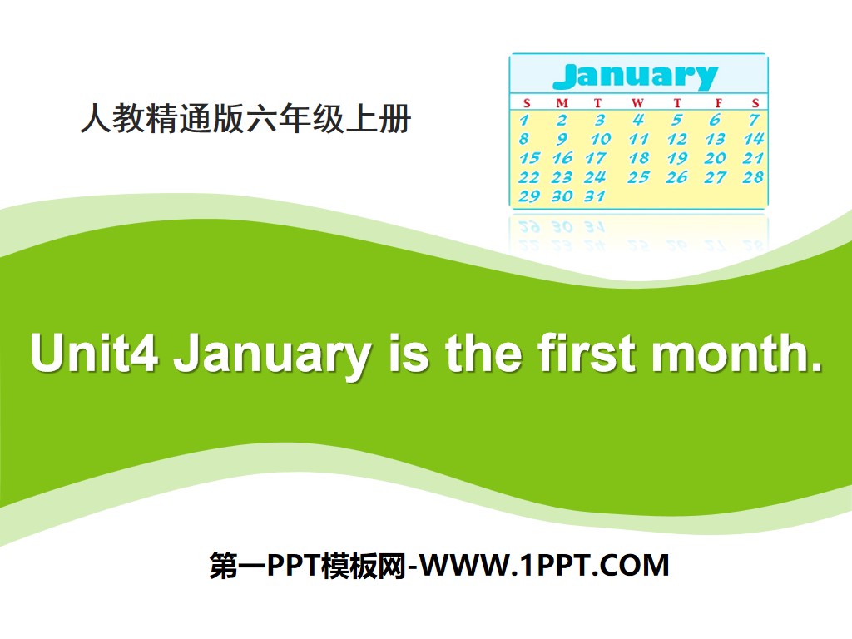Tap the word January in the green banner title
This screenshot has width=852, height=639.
pyautogui.click(x=271, y=354)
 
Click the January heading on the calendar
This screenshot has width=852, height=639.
pyautogui.click(x=635, y=77)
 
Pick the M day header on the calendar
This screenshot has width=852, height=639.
pyautogui.click(x=562, y=103)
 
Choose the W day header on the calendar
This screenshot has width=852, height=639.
pyautogui.click(x=637, y=103)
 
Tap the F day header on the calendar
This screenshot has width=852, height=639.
pyautogui.click(x=716, y=103)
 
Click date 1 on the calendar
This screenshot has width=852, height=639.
pyautogui.click(x=525, y=121)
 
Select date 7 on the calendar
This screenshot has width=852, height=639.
pyautogui.click(x=753, y=121)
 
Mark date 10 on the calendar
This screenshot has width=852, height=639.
pyautogui.click(x=600, y=139)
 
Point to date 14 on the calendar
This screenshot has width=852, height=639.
pyautogui.click(x=753, y=139)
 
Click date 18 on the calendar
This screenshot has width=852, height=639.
pyautogui.click(x=638, y=158)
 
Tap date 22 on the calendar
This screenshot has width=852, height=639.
pyautogui.click(x=528, y=177)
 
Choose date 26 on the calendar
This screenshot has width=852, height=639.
pyautogui.click(x=676, y=177)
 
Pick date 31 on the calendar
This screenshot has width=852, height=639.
pyautogui.click(x=594, y=196)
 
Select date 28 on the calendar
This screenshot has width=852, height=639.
pyautogui.click(x=753, y=177)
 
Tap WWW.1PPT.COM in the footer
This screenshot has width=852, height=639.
pyautogui.click(x=545, y=566)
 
